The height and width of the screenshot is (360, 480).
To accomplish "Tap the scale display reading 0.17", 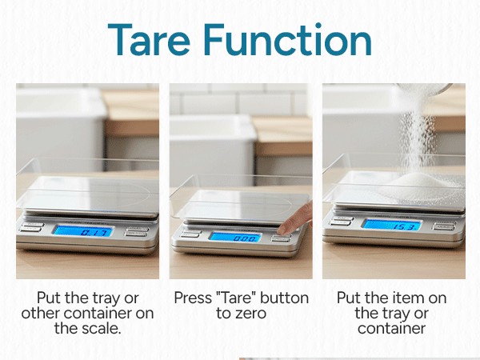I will pyautogui.click(x=83, y=231).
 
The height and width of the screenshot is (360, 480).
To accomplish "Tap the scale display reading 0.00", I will pyautogui.click(x=235, y=237).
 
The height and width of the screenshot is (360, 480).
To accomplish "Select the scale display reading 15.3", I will pyautogui.click(x=391, y=225).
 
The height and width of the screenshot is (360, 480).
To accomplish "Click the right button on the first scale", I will pyautogui.click(x=137, y=231).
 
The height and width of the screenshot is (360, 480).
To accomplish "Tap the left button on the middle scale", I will pyautogui.click(x=190, y=234).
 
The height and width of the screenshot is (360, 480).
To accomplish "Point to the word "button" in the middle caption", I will pyautogui.click(x=282, y=298).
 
